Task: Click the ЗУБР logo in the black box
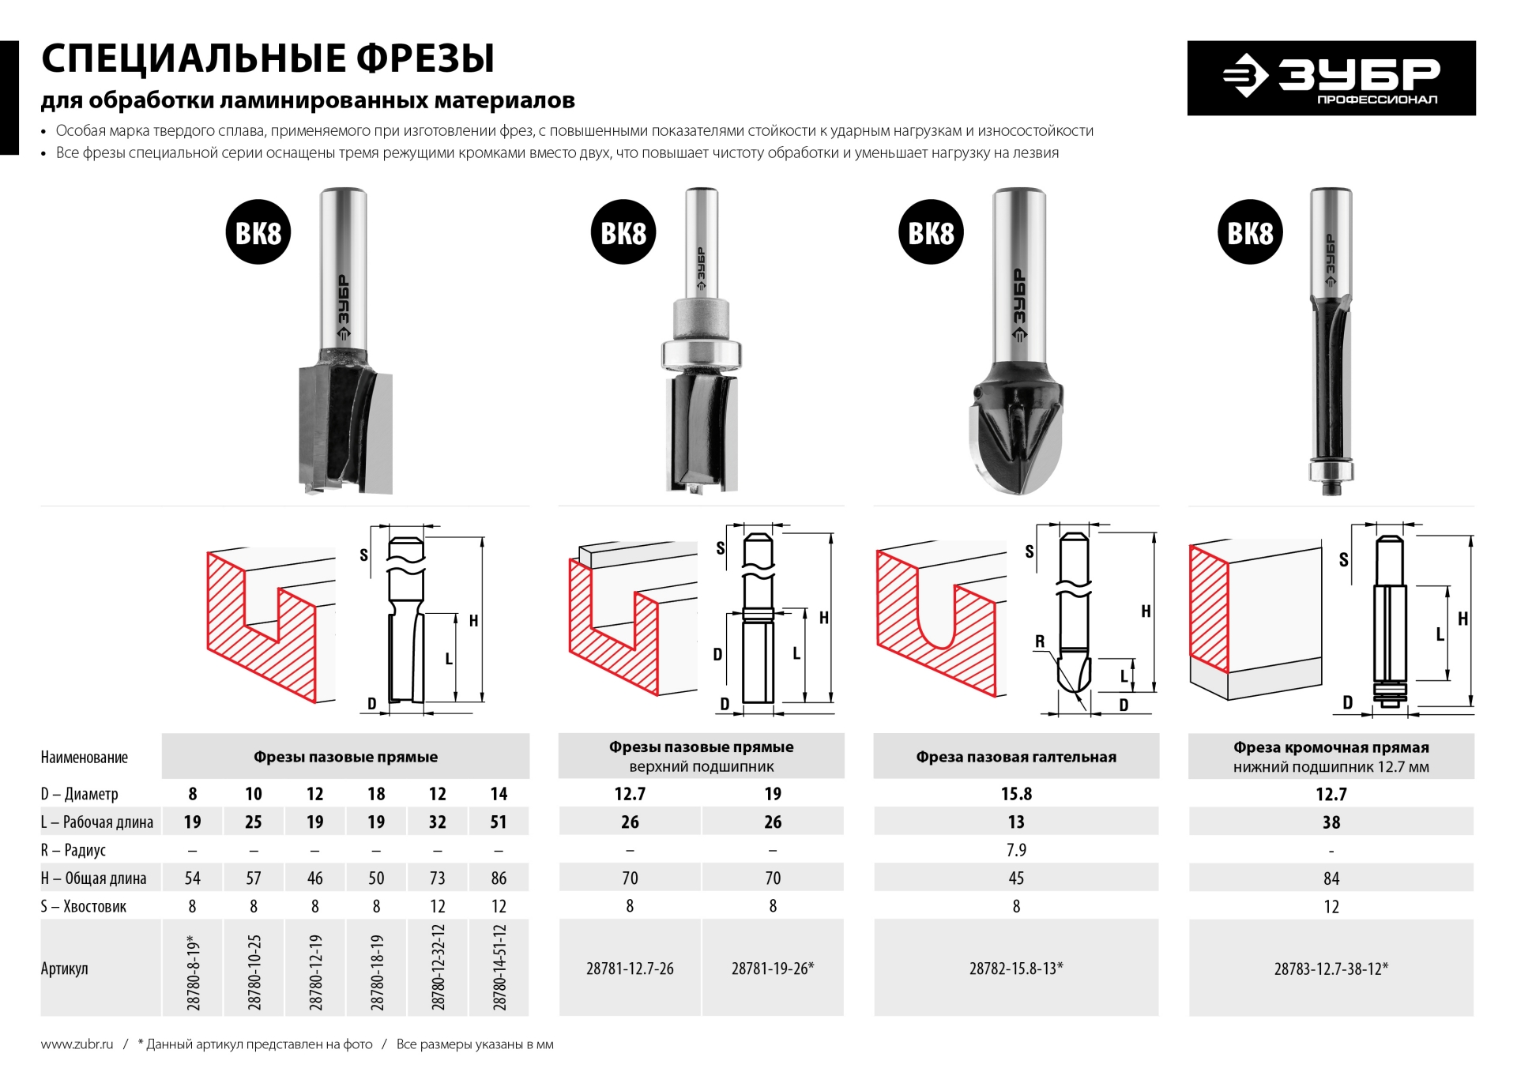click(1331, 78)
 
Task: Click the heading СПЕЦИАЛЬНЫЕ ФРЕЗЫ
click(268, 58)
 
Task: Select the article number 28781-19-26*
click(772, 969)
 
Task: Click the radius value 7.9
click(1016, 850)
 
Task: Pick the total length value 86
click(499, 878)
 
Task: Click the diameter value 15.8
click(1016, 794)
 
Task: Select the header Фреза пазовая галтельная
click(1016, 757)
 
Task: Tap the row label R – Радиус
click(73, 850)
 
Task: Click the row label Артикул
click(65, 969)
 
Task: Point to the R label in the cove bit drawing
click(1040, 641)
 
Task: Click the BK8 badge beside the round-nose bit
click(931, 232)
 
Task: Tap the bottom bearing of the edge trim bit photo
click(1331, 471)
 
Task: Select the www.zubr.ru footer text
click(77, 1044)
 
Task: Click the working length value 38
click(1331, 822)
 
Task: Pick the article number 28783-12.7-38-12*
click(1331, 969)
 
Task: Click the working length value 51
click(499, 822)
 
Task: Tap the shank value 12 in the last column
click(1331, 907)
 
